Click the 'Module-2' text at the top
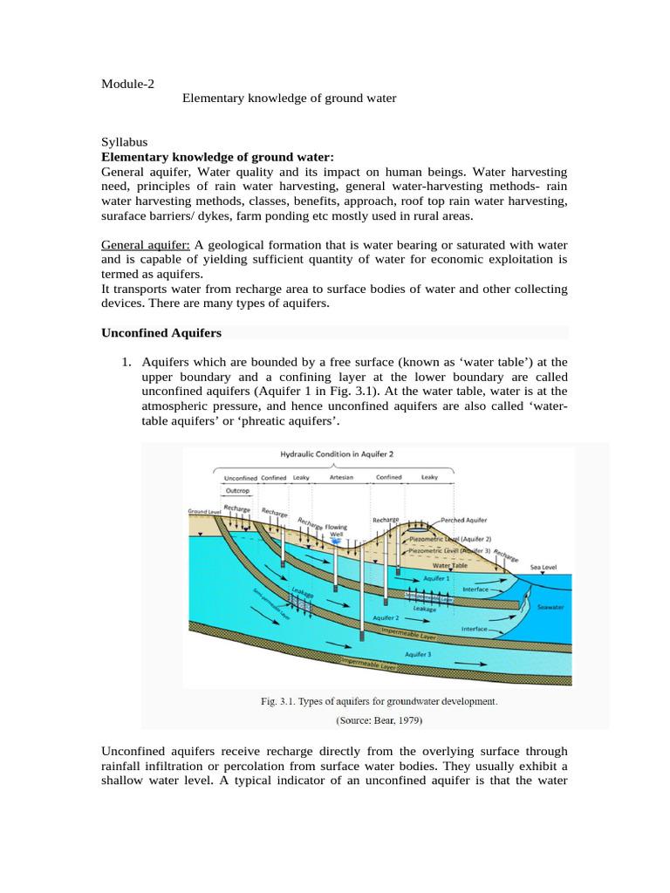pos(127,84)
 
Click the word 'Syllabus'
pos(125,142)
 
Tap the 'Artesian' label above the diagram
pos(341,478)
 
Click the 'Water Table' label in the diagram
pos(448,565)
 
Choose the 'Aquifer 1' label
pos(436,577)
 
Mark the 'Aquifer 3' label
pos(418,652)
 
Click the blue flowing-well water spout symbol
pos(335,542)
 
